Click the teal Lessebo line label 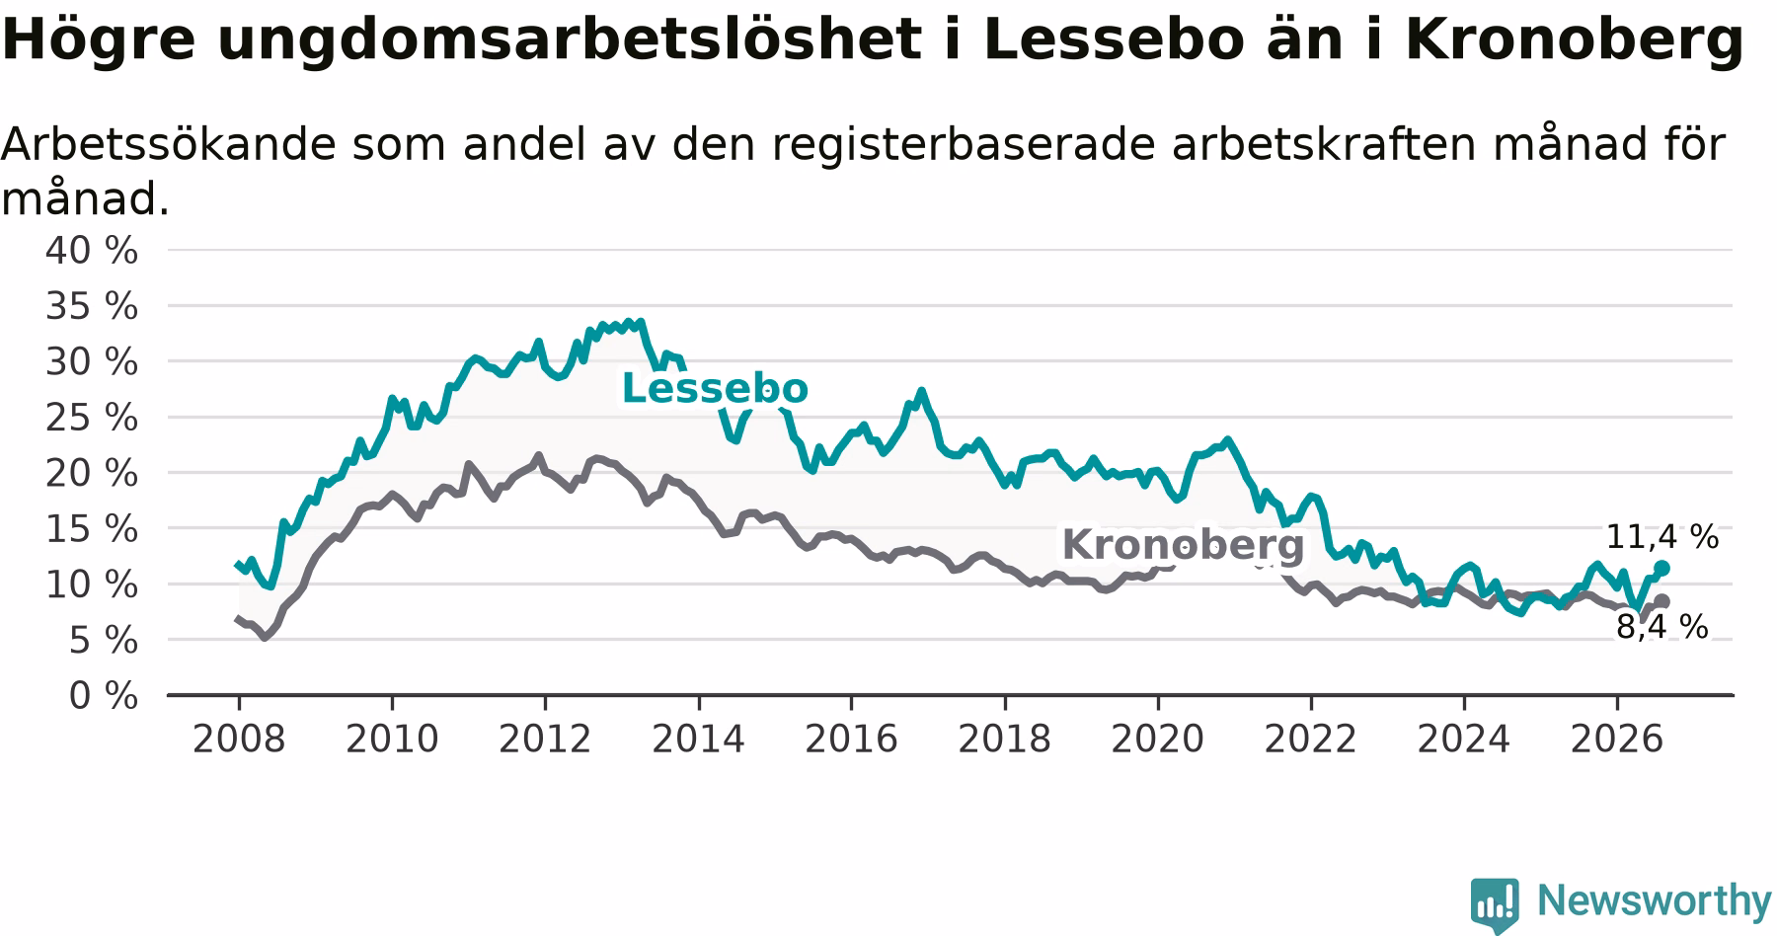point(715,389)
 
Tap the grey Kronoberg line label point(1183,545)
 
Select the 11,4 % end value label point(1662,537)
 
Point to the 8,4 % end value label point(1662,626)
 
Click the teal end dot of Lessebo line point(1662,568)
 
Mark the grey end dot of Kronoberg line point(1662,601)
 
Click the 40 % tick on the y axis point(92,251)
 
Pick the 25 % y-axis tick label point(92,418)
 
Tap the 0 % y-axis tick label point(104,696)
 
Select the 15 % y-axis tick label point(92,529)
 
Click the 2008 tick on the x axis point(239,739)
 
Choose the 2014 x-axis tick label point(699,739)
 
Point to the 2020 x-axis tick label point(1158,739)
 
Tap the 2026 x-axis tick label point(1617,739)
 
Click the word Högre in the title point(101,41)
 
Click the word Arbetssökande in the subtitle point(167,144)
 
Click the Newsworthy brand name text point(1655,900)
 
